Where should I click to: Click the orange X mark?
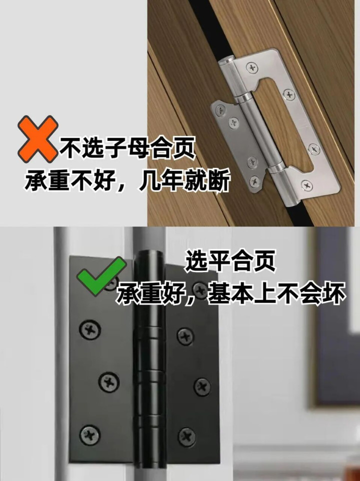coord(37,139)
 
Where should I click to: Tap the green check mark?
coord(101,276)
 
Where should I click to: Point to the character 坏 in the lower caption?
coord(334,294)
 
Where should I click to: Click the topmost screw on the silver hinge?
coord(252,67)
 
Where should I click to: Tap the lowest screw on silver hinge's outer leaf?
coord(306,185)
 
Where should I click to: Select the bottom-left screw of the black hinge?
coord(89,435)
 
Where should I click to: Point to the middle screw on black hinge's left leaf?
coord(109,381)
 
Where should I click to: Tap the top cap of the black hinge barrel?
coord(149,254)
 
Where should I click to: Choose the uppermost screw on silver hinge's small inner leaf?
coord(220,110)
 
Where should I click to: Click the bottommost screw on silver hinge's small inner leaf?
coord(254,181)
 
